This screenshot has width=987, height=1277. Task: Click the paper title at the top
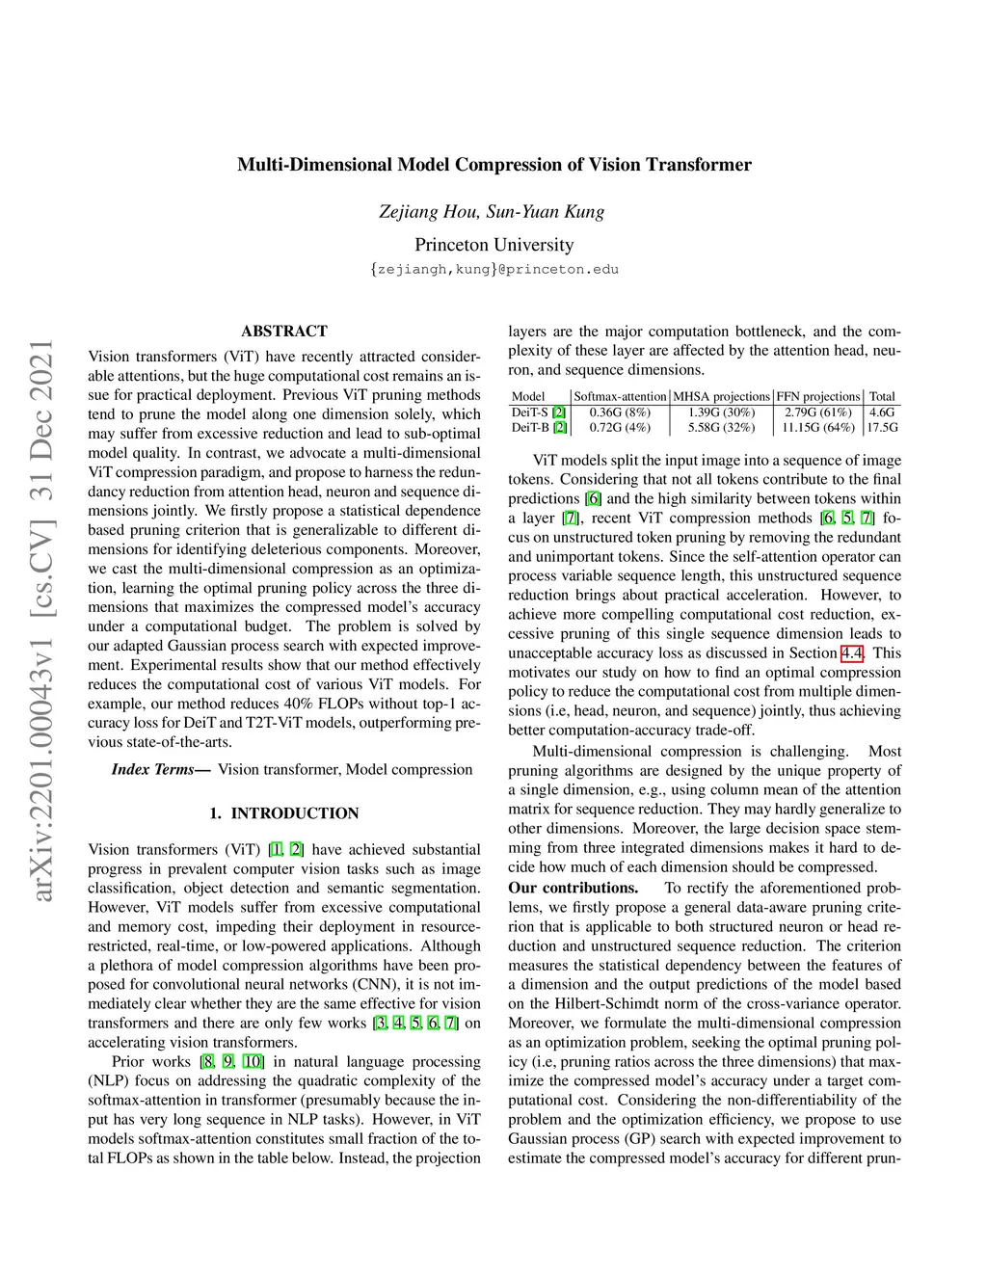(493, 165)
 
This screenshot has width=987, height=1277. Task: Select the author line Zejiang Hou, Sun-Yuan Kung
(492, 212)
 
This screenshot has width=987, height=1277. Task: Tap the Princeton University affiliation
(493, 245)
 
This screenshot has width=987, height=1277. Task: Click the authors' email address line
(493, 270)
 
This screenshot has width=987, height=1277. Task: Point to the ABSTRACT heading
(284, 331)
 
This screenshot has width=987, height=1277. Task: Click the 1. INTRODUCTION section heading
(284, 813)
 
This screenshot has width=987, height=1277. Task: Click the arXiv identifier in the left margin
(40, 621)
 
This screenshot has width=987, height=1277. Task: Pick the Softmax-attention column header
(620, 396)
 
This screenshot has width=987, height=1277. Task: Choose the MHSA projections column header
(721, 396)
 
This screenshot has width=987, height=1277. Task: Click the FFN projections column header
(817, 396)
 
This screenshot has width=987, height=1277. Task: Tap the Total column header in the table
(882, 396)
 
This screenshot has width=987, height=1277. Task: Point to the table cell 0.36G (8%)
(620, 412)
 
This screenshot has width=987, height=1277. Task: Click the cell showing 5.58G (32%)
(721, 427)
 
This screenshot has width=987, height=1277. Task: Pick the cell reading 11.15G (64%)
(817, 427)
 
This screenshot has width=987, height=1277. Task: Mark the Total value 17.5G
(882, 427)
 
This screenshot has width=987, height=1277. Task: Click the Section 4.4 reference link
(852, 653)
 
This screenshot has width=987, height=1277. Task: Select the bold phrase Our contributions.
(574, 888)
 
